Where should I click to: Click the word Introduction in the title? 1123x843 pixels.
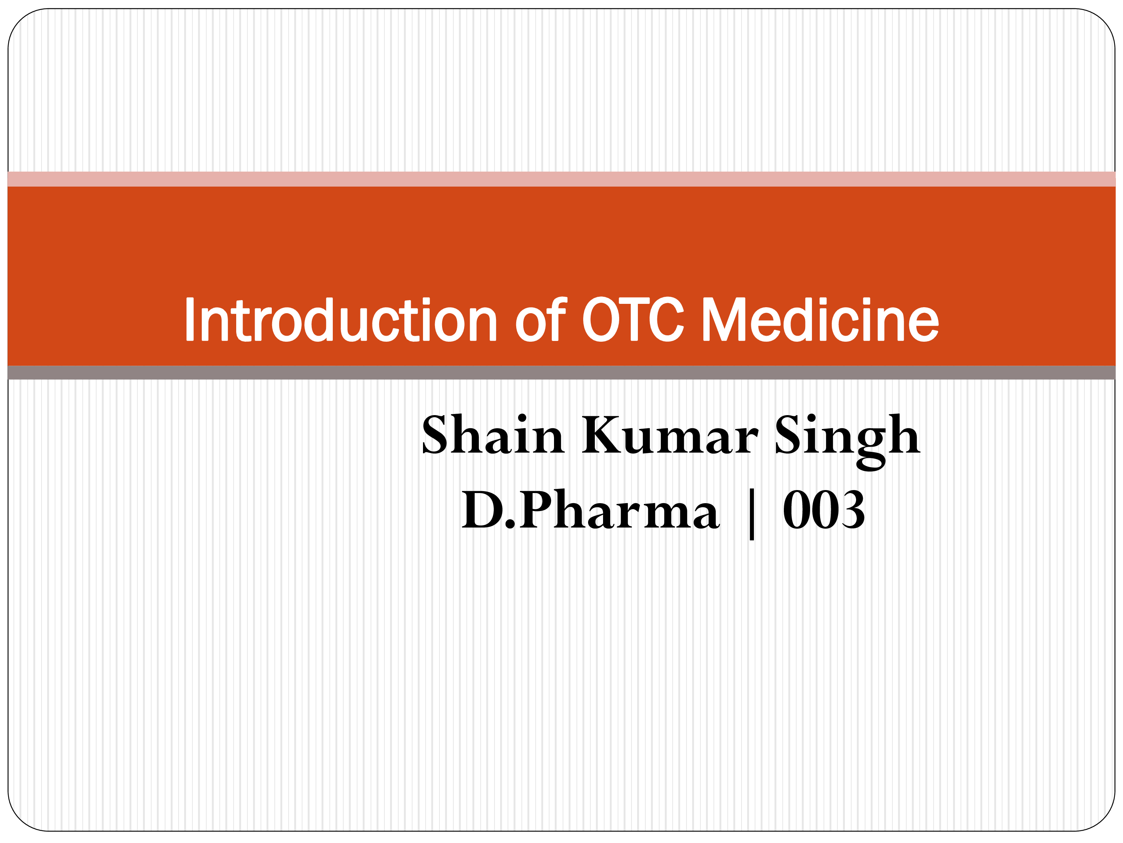(x=341, y=319)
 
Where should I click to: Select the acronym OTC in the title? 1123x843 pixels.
(x=633, y=319)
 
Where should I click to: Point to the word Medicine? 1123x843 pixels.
(x=820, y=319)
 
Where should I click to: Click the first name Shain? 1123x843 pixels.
(x=493, y=435)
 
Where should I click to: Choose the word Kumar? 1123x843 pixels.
(x=670, y=435)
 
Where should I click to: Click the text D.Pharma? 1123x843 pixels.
(x=590, y=510)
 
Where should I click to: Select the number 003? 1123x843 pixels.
(x=824, y=510)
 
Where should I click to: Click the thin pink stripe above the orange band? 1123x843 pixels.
(x=561, y=179)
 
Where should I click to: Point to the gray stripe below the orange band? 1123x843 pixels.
(x=561, y=372)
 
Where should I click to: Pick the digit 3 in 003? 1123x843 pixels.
(x=851, y=510)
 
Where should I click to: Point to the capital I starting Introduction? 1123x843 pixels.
(x=190, y=320)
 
